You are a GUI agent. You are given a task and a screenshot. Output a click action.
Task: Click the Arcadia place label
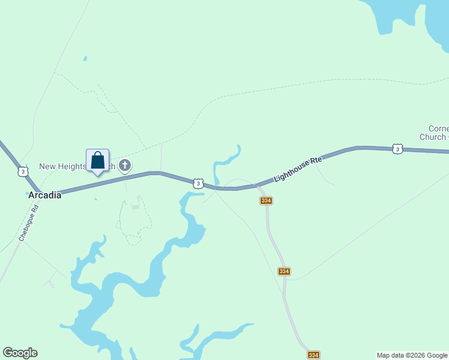(45, 194)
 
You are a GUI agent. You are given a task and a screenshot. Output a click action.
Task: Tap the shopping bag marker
(97, 161)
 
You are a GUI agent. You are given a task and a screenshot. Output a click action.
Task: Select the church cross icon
(125, 165)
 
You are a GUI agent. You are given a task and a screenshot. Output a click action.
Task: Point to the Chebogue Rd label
(28, 223)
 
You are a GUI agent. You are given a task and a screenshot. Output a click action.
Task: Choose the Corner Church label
(433, 133)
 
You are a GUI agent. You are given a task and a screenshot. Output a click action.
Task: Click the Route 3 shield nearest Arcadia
(22, 172)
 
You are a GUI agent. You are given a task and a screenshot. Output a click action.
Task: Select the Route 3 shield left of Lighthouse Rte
(198, 183)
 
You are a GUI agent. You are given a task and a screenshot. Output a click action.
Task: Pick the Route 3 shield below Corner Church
(397, 148)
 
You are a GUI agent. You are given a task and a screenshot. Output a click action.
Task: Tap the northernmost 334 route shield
(267, 200)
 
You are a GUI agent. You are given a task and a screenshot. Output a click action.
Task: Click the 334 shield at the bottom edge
(313, 355)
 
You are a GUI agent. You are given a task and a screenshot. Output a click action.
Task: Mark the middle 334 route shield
(285, 271)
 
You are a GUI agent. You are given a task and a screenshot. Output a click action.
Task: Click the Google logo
(20, 353)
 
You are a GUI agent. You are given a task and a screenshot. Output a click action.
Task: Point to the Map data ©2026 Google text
(412, 355)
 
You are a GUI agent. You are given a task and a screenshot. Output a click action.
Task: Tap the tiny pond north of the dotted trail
(85, 59)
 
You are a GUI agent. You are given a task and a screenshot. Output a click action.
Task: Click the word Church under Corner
(432, 137)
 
